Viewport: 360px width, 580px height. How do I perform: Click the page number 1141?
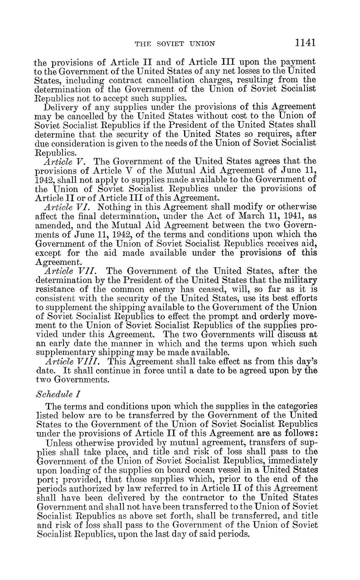pos(305,42)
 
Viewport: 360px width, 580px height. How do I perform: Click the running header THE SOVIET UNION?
pos(175,43)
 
